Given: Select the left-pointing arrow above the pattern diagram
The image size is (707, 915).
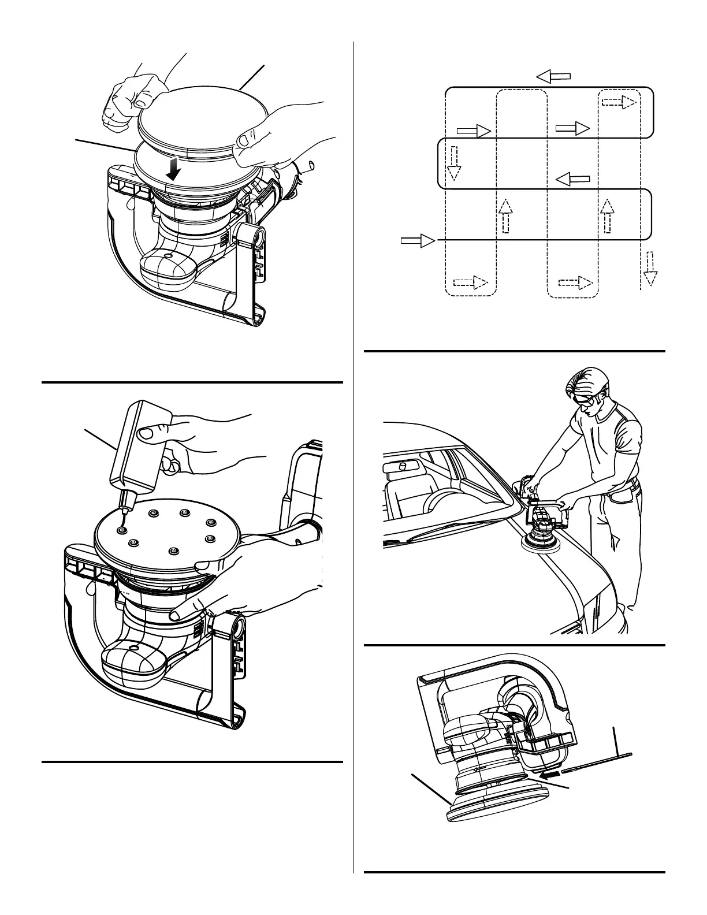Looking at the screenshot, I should (x=553, y=76).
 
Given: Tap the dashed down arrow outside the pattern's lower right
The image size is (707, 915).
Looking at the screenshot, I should (x=650, y=269).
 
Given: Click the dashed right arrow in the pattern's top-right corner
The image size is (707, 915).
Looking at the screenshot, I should (x=619, y=102).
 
